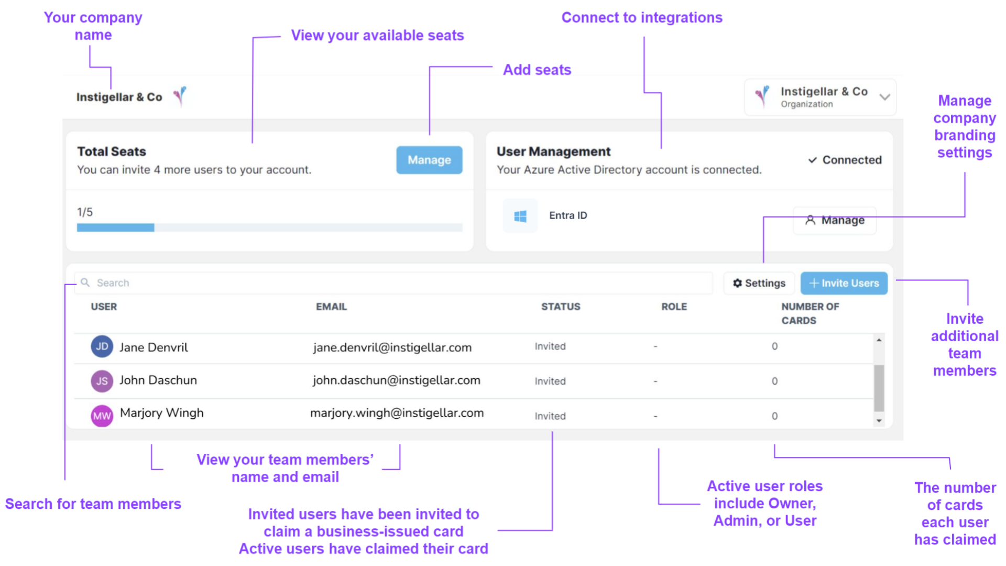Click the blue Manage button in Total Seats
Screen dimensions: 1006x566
point(429,160)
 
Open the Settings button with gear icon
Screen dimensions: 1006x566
point(759,283)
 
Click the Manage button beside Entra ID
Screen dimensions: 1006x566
point(835,220)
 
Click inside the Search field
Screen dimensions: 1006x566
point(393,283)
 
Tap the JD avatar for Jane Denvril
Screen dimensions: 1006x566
point(102,346)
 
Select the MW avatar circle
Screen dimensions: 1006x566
point(102,416)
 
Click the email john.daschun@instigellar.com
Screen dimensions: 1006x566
point(397,380)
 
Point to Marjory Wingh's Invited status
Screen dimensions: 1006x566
point(550,416)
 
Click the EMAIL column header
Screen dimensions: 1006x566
point(331,307)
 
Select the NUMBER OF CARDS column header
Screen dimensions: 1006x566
point(810,313)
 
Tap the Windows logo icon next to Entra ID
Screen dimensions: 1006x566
point(520,216)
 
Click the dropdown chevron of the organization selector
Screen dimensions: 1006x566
point(885,97)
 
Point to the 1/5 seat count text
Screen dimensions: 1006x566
point(85,212)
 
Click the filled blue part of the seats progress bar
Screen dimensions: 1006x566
point(115,227)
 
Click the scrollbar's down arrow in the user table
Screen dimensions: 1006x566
point(879,420)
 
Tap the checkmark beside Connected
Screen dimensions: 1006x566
point(812,160)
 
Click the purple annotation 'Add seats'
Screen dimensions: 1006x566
point(537,70)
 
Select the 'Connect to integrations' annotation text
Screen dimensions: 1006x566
point(642,18)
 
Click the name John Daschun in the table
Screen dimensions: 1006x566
point(158,380)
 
